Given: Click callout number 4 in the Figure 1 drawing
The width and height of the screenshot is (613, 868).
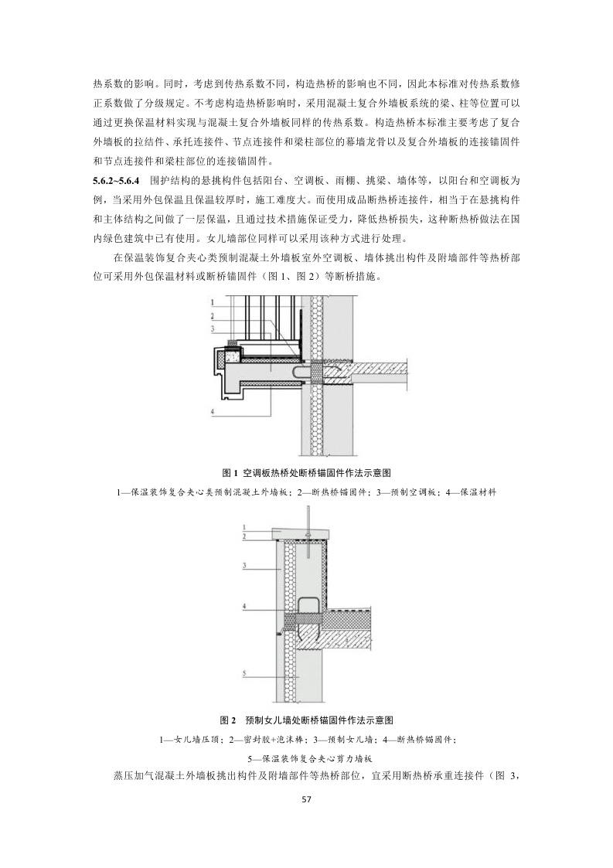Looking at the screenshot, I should tap(212, 414).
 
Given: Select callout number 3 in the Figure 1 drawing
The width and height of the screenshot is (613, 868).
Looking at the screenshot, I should tap(212, 328).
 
